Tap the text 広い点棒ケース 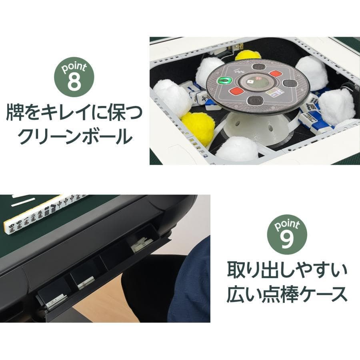[287, 294]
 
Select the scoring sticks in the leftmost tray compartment [56, 300]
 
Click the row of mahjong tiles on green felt [44, 212]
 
